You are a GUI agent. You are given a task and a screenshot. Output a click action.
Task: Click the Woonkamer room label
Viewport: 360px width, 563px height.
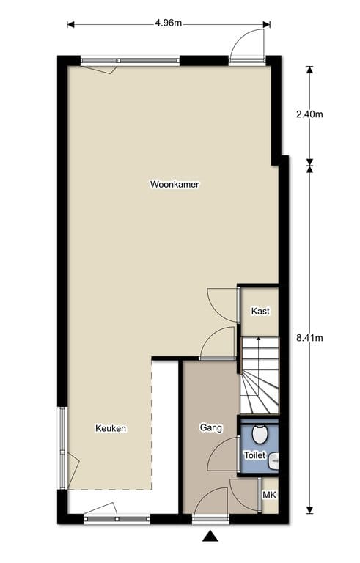[x=175, y=184]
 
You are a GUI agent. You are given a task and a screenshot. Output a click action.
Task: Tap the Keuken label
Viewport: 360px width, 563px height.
[x=111, y=428]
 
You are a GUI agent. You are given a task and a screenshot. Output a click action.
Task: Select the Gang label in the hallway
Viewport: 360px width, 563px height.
[x=210, y=427]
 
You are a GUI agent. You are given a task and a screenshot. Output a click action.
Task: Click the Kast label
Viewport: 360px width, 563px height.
[x=260, y=311]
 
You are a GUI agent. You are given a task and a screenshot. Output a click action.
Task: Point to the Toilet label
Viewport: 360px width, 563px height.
[x=254, y=455]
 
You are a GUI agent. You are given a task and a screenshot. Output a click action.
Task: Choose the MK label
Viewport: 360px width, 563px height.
[x=269, y=496]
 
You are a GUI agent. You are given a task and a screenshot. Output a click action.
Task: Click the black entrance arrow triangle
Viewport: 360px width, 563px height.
[x=211, y=537]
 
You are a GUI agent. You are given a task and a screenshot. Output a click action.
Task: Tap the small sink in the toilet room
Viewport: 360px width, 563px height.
[x=273, y=460]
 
